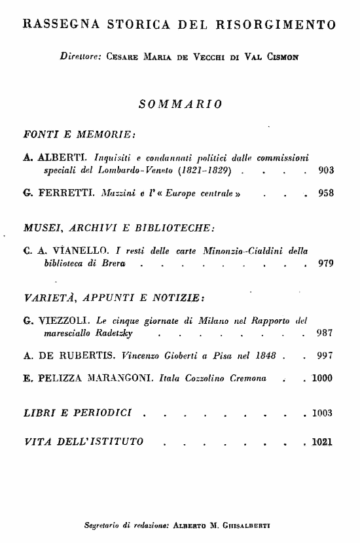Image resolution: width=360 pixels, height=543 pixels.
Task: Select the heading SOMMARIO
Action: [x=180, y=103]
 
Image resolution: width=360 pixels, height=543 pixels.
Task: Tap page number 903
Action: [x=326, y=171]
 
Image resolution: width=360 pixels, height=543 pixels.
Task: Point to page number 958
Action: [x=326, y=194]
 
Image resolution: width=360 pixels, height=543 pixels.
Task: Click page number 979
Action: [x=326, y=264]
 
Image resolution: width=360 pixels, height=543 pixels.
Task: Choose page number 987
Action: [x=326, y=333]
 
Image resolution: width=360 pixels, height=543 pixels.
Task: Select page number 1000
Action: [x=323, y=377]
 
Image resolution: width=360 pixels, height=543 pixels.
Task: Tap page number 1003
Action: [x=323, y=413]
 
